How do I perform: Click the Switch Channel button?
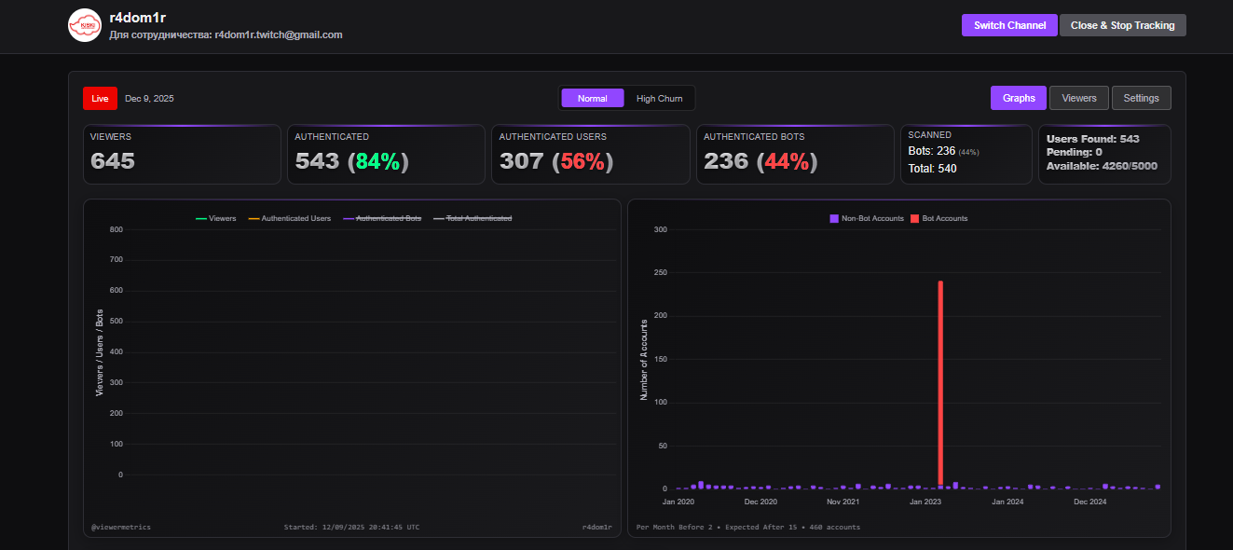(1009, 25)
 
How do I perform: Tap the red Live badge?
(100, 98)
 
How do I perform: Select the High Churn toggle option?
(659, 98)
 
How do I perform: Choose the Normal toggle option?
(592, 98)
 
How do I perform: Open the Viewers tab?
(1079, 98)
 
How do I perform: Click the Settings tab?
(1141, 98)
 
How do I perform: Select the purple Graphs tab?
(1019, 98)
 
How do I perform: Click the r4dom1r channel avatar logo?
(84, 25)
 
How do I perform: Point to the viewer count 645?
(113, 161)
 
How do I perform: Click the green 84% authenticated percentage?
(377, 161)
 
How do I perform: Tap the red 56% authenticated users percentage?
(582, 161)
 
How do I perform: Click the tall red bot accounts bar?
(940, 382)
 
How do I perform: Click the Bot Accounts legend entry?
(938, 218)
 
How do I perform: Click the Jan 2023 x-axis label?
(926, 502)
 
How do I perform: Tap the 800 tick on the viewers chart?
(116, 229)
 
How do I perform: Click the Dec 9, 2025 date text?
(149, 98)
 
